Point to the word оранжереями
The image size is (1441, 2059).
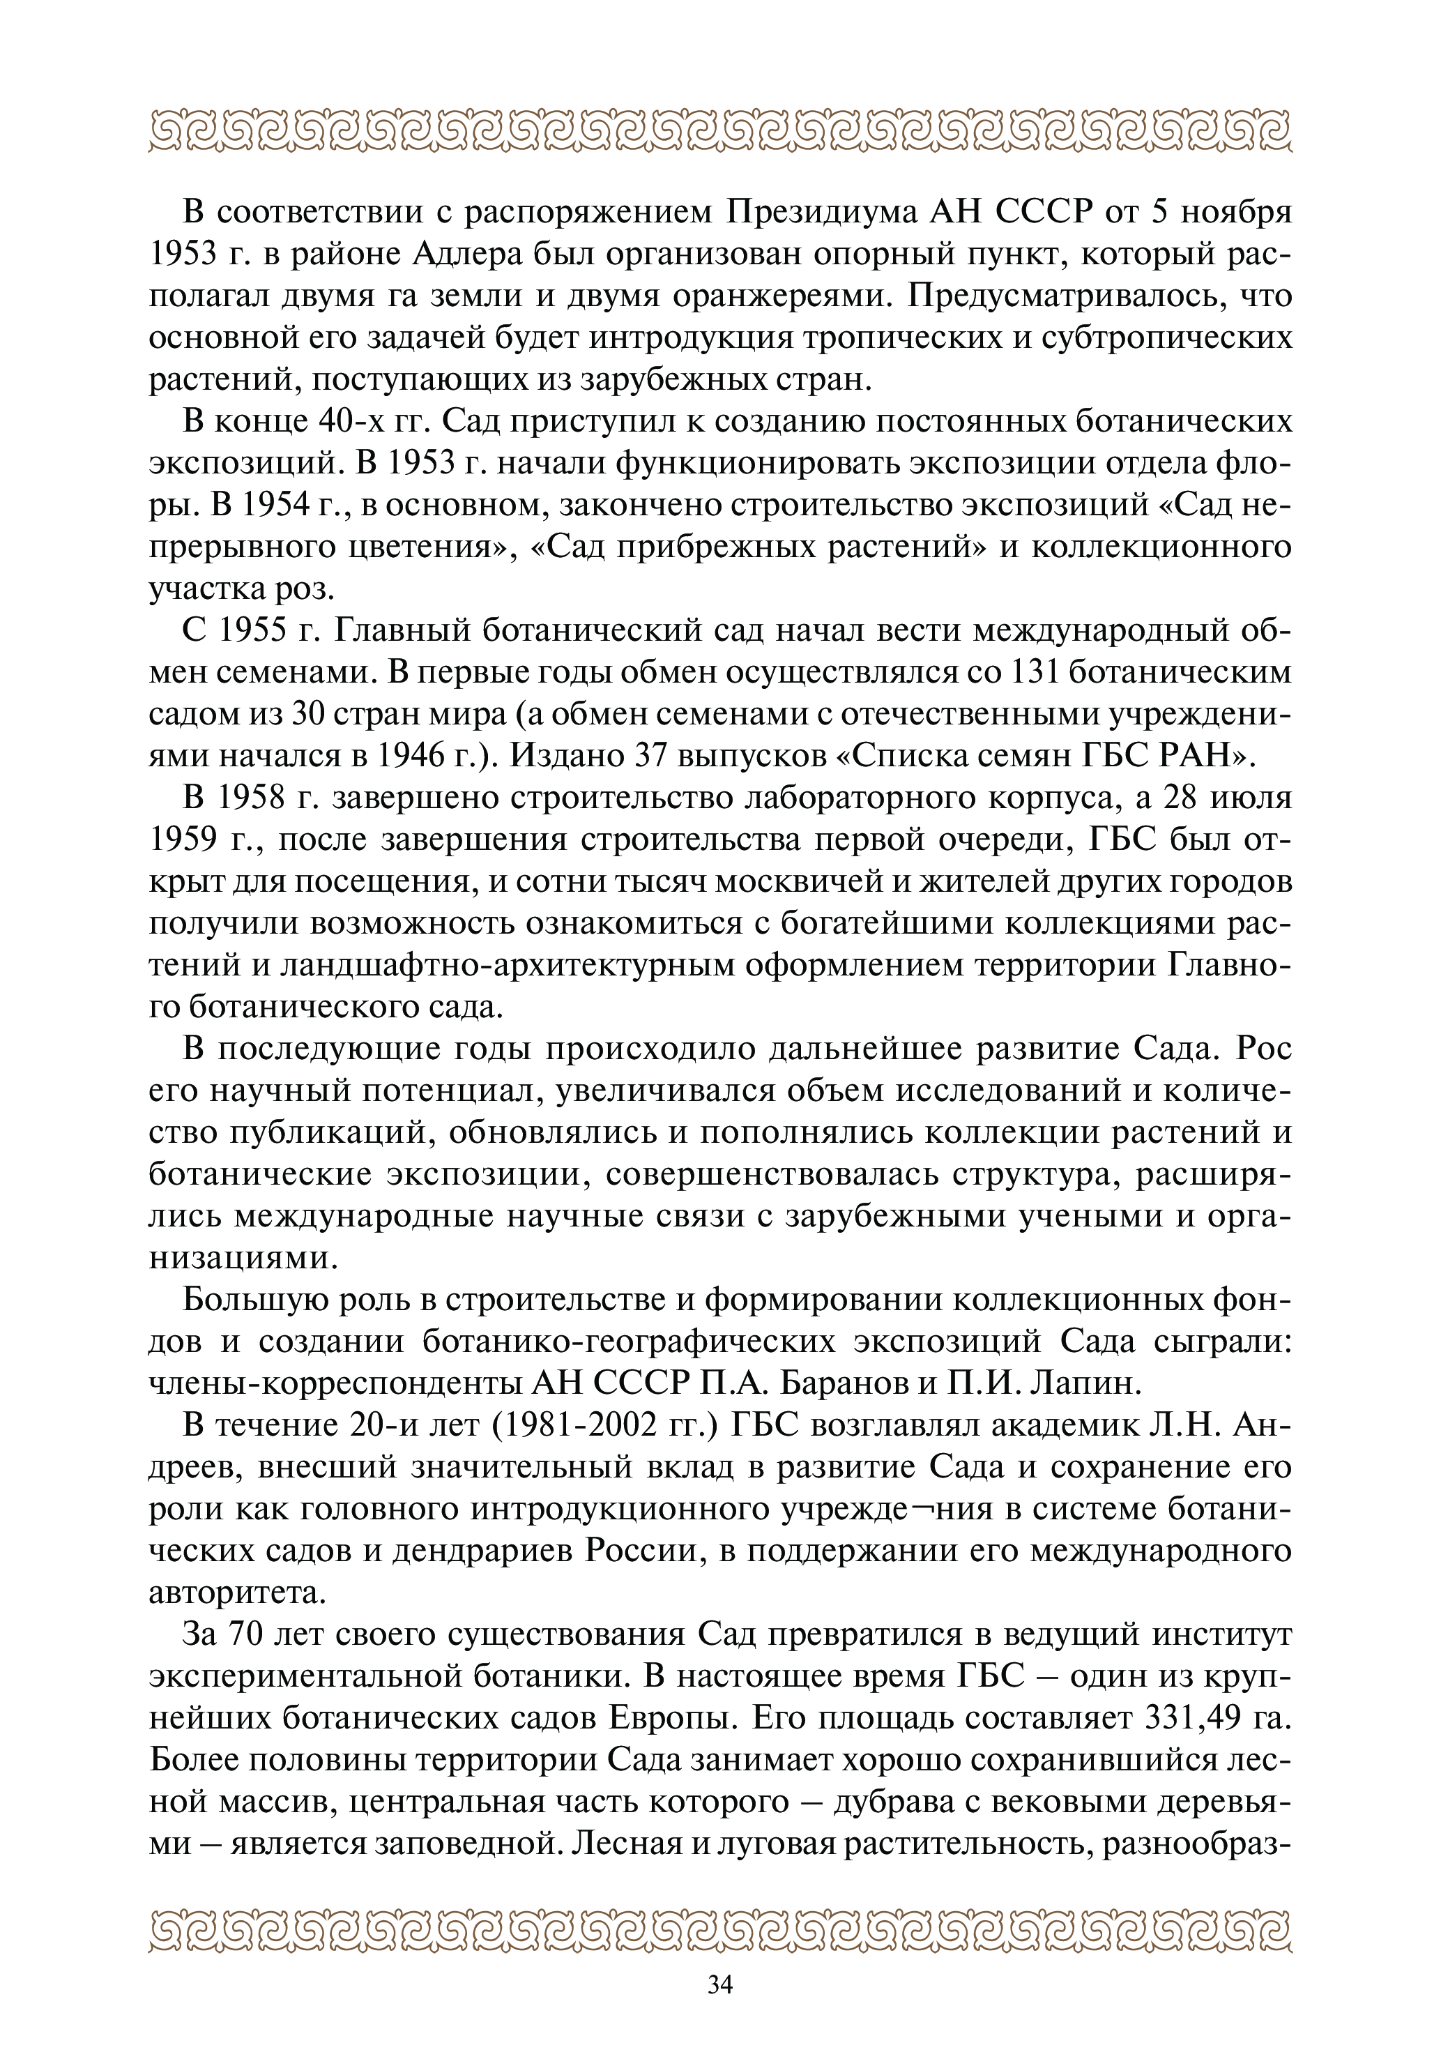click(x=762, y=296)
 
